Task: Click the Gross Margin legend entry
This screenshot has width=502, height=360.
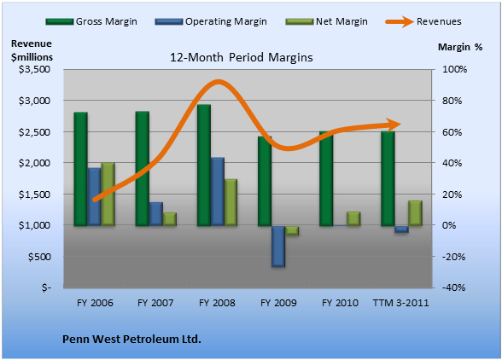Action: (x=91, y=21)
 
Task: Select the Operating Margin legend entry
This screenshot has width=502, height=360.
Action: (x=211, y=21)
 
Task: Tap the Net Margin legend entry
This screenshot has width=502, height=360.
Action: (x=326, y=21)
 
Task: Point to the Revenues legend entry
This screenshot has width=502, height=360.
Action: (x=423, y=21)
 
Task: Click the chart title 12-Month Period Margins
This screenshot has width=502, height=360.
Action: (x=241, y=58)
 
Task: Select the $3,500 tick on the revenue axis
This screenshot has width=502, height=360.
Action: (x=34, y=69)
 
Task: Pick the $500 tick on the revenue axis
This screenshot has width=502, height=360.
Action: (x=39, y=257)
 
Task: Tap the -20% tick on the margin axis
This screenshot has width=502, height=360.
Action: (x=453, y=257)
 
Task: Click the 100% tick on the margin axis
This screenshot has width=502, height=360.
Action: (x=454, y=69)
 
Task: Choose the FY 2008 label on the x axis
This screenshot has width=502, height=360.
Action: (x=217, y=303)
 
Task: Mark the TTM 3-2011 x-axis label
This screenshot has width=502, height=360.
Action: (x=400, y=303)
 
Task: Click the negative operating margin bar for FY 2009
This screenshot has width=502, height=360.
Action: (x=278, y=247)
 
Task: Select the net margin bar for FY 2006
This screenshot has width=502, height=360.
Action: (x=108, y=195)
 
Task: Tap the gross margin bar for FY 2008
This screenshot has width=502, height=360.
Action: (x=203, y=165)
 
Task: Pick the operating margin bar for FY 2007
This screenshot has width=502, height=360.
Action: (x=156, y=214)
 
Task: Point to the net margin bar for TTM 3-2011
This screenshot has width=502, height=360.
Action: (x=415, y=213)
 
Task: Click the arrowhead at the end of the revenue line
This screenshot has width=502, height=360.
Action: (x=394, y=125)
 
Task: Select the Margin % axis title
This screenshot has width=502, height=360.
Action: (x=460, y=47)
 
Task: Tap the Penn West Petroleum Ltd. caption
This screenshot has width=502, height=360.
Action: (x=131, y=339)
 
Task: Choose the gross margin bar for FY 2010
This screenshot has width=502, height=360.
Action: (x=326, y=178)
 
